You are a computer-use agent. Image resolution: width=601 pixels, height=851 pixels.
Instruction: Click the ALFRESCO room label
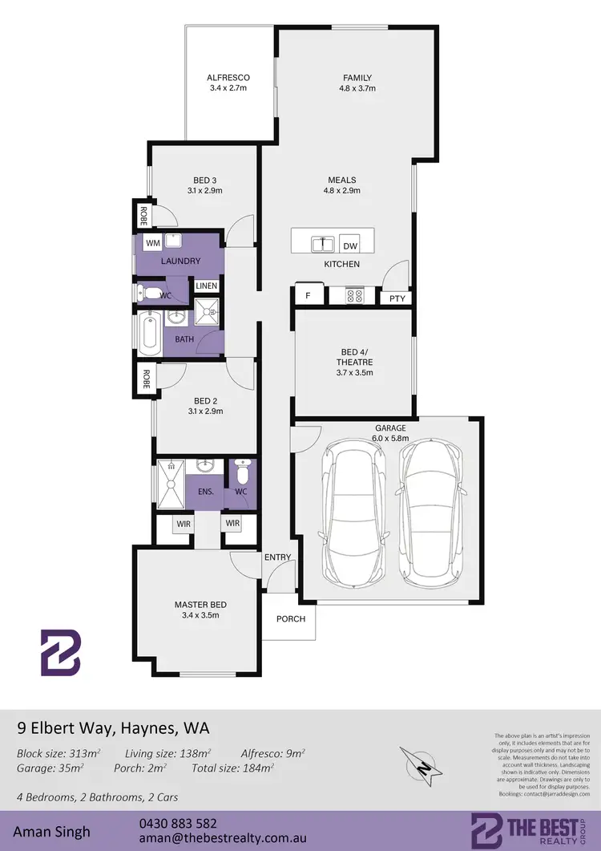(x=228, y=78)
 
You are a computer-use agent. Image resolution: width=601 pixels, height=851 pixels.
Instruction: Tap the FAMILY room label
(x=357, y=78)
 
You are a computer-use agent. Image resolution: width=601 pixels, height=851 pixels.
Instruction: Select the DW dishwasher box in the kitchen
(x=349, y=246)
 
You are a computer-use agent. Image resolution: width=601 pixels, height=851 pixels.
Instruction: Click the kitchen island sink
(x=323, y=243)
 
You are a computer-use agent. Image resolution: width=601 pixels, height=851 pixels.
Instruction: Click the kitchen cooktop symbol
(x=355, y=296)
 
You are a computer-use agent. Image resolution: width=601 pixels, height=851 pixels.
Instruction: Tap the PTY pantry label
(x=397, y=298)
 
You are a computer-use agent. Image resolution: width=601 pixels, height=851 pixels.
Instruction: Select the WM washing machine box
(x=152, y=242)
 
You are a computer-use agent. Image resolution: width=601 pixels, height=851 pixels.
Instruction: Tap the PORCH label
(x=291, y=618)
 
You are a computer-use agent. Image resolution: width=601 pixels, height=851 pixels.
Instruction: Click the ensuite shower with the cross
(x=171, y=484)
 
